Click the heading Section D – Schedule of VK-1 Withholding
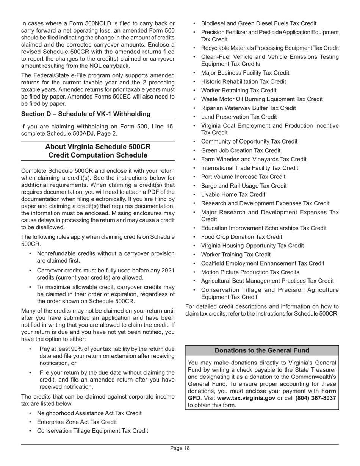(86, 114)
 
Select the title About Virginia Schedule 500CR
(98, 147)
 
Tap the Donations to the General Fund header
(262, 350)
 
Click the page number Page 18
(180, 448)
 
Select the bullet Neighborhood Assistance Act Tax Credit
(89, 413)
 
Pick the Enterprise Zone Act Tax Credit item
(77, 422)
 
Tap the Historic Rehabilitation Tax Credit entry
(243, 81)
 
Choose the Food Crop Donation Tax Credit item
(241, 237)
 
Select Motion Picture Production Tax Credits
(250, 272)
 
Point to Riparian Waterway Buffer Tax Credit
(248, 108)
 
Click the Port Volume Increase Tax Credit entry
(243, 177)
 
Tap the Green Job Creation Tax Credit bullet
(241, 150)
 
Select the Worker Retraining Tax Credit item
(238, 90)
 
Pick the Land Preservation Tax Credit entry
(239, 117)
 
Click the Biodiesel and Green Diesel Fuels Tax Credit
(258, 23)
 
